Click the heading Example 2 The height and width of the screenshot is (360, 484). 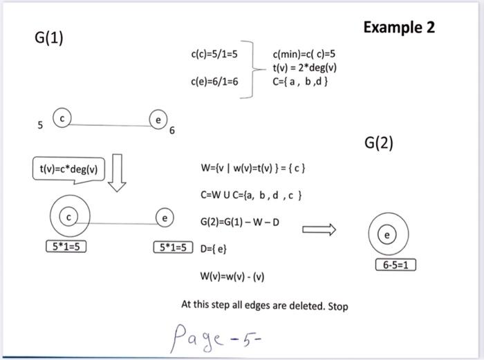click(x=399, y=28)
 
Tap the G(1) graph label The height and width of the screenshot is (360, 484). click(x=48, y=38)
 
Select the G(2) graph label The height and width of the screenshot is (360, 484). click(x=378, y=143)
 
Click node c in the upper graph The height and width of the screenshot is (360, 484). click(x=62, y=118)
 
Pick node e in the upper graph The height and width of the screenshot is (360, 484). click(x=158, y=120)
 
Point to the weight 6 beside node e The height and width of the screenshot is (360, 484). click(x=172, y=131)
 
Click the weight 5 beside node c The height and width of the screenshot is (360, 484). click(x=40, y=126)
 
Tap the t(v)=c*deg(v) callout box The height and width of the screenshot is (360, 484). click(x=68, y=169)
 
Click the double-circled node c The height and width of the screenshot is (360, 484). click(x=68, y=218)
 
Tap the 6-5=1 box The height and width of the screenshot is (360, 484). click(x=395, y=265)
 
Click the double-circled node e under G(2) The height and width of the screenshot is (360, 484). click(x=387, y=236)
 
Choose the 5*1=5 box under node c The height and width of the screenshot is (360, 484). click(x=65, y=246)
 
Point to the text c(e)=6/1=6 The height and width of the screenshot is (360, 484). click(x=214, y=82)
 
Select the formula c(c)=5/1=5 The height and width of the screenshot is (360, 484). click(x=214, y=53)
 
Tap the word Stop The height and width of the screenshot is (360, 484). click(x=338, y=305)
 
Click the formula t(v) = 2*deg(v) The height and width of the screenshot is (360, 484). click(x=305, y=68)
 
